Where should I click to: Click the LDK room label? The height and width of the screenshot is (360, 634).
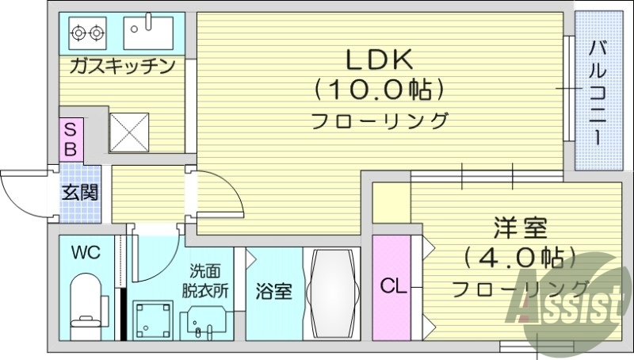tap(377, 59)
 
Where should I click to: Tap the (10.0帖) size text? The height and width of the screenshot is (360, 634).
tap(377, 90)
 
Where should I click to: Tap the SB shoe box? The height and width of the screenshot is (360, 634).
tap(71, 138)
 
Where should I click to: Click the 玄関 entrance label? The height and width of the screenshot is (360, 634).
tap(80, 191)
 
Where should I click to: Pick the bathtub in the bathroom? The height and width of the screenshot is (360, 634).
tap(332, 294)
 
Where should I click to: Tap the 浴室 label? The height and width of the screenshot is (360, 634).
tap(273, 291)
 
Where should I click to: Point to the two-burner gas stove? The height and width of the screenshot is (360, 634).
tap(87, 33)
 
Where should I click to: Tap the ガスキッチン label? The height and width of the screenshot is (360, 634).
tap(121, 66)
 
